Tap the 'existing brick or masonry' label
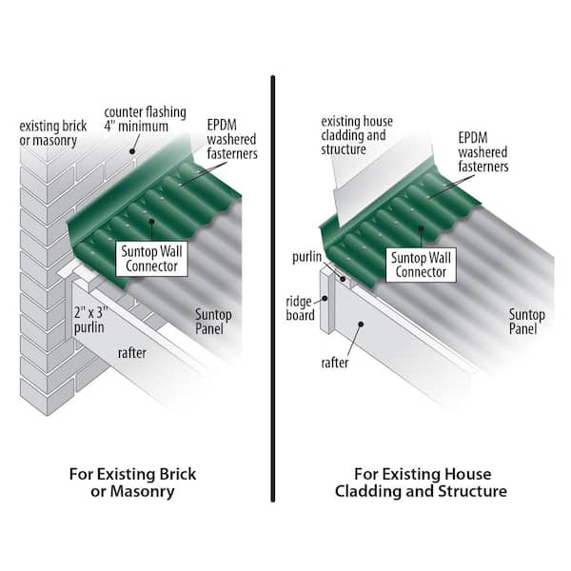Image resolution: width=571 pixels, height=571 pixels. tap(54, 133)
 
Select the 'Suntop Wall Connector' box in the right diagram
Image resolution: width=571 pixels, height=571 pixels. tap(421, 263)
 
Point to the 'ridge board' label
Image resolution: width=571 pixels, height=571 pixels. tap(302, 308)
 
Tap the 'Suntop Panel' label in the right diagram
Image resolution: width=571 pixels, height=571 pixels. tap(527, 322)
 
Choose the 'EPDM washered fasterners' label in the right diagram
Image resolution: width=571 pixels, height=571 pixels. tap(482, 152)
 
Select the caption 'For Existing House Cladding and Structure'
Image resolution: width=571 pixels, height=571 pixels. tap(419, 482)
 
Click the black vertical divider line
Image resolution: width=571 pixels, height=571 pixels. tap(273, 285)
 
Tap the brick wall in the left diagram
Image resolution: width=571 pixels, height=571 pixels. tap(43, 285)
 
